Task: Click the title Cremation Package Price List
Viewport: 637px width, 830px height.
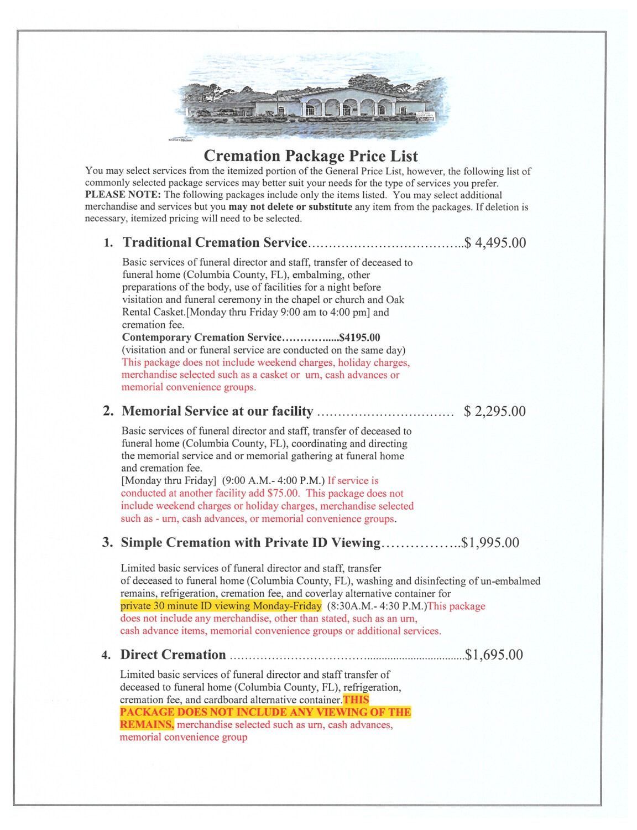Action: coord(311,155)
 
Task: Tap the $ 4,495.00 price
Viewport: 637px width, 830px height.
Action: coord(495,243)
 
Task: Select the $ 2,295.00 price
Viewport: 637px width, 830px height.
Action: coord(494,411)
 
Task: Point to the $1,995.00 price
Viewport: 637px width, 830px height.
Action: coord(491,542)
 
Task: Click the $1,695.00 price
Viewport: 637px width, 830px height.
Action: coord(494,655)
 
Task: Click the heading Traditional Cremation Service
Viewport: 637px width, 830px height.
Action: coord(215,242)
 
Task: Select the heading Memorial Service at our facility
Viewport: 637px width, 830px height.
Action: coord(217,411)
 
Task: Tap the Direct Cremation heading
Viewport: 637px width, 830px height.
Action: coord(173,655)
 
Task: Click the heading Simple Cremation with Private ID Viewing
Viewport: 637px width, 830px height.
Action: coord(250,542)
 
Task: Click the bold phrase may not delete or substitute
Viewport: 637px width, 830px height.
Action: coord(290,207)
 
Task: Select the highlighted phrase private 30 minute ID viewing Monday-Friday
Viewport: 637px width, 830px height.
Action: coord(221,605)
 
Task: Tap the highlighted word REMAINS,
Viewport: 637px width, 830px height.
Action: coord(147,724)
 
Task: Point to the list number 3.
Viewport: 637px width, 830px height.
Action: coord(107,542)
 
